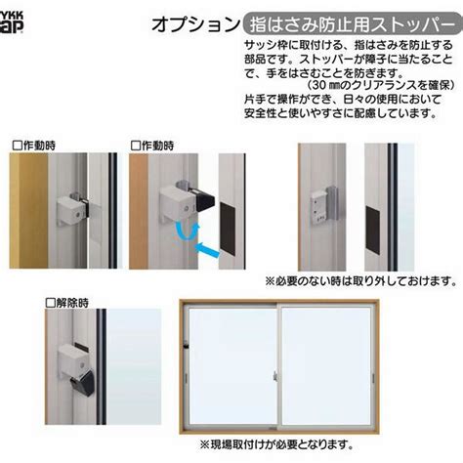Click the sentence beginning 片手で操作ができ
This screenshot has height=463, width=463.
[343, 101]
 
